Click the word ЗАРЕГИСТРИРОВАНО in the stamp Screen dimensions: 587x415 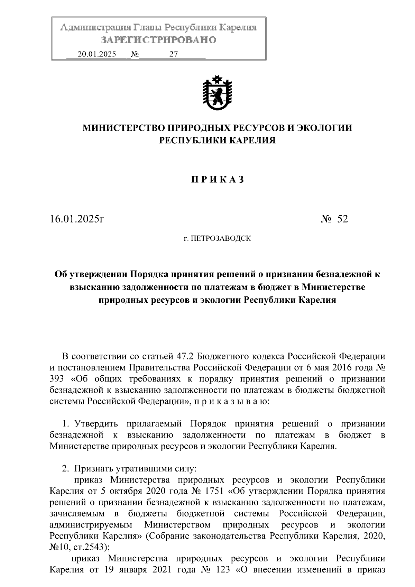tap(158, 40)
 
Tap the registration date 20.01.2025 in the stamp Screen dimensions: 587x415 tap(97, 54)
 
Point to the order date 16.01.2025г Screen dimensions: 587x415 tap(77, 219)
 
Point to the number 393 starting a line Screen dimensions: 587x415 tap(57, 379)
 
